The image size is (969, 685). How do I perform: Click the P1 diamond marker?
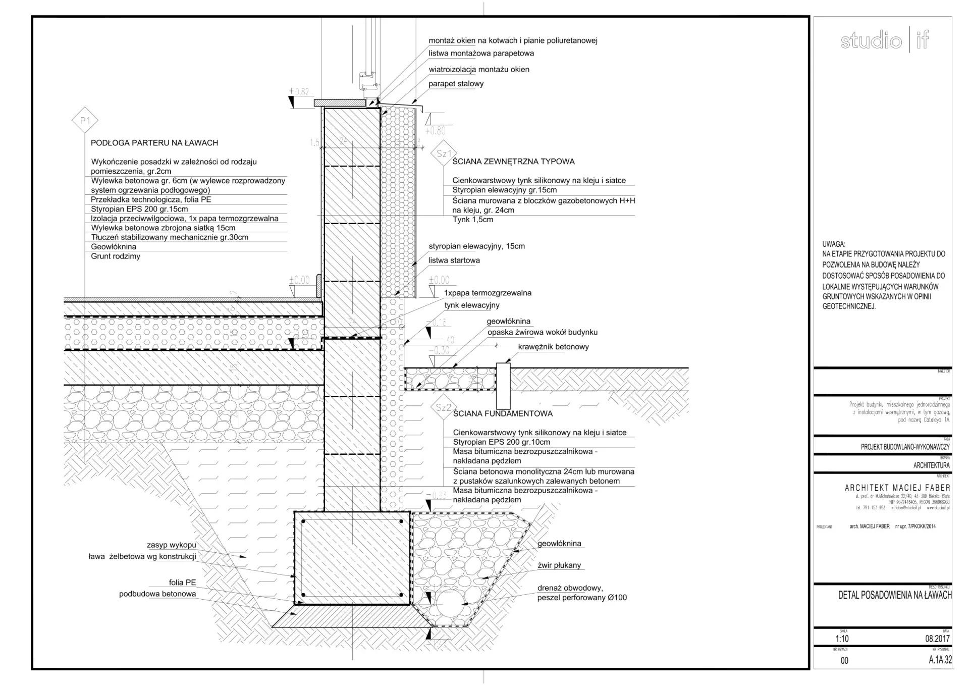(x=85, y=121)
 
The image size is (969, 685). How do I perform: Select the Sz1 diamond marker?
(x=444, y=153)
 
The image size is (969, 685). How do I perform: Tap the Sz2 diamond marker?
(x=443, y=407)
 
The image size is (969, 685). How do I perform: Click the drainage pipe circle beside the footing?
(x=449, y=603)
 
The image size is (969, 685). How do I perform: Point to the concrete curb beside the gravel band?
(x=503, y=385)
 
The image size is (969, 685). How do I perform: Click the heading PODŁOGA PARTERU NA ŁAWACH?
(x=154, y=143)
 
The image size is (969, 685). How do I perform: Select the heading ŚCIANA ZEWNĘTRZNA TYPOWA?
(x=513, y=162)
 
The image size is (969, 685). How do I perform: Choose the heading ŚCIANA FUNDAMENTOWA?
(x=503, y=413)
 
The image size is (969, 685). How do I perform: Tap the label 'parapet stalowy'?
(x=456, y=84)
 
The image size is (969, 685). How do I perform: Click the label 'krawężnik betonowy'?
(x=553, y=347)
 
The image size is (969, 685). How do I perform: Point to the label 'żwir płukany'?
(x=559, y=565)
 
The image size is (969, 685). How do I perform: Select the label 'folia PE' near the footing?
(x=182, y=583)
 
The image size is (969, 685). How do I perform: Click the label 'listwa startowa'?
(x=454, y=260)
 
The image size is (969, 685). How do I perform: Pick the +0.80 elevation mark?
(x=435, y=131)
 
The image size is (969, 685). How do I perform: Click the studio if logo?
(x=884, y=40)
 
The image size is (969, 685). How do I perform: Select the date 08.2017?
(x=937, y=639)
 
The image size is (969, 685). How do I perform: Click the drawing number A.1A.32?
(x=940, y=660)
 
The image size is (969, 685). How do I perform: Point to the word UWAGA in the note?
(x=833, y=244)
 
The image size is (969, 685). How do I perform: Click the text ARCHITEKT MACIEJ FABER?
(x=897, y=488)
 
